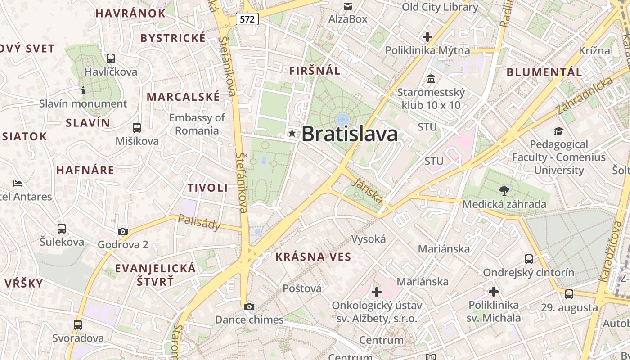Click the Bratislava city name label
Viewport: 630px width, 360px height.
[350, 134]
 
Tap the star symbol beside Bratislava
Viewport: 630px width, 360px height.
[292, 133]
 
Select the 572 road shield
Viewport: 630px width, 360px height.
[247, 19]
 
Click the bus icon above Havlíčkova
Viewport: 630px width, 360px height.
[111, 58]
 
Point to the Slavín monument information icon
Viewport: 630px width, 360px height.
[83, 91]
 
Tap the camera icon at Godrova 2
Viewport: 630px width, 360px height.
[122, 232]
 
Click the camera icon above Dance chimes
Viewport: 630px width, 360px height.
[249, 307]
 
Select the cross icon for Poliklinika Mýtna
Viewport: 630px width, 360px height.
[427, 37]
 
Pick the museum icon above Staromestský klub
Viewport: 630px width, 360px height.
[431, 79]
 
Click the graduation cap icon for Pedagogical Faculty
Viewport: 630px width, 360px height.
[558, 131]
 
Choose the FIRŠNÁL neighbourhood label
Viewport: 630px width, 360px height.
[315, 71]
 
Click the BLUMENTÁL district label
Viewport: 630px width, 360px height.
[544, 72]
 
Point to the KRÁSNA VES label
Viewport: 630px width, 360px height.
[313, 257]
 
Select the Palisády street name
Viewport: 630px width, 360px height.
[199, 222]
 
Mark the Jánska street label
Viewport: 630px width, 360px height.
[369, 190]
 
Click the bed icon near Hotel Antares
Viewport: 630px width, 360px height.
[18, 183]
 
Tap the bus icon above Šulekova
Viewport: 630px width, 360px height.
[62, 229]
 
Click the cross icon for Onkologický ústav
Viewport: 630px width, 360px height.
[376, 292]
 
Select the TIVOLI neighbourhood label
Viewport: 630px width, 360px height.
[207, 188]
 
